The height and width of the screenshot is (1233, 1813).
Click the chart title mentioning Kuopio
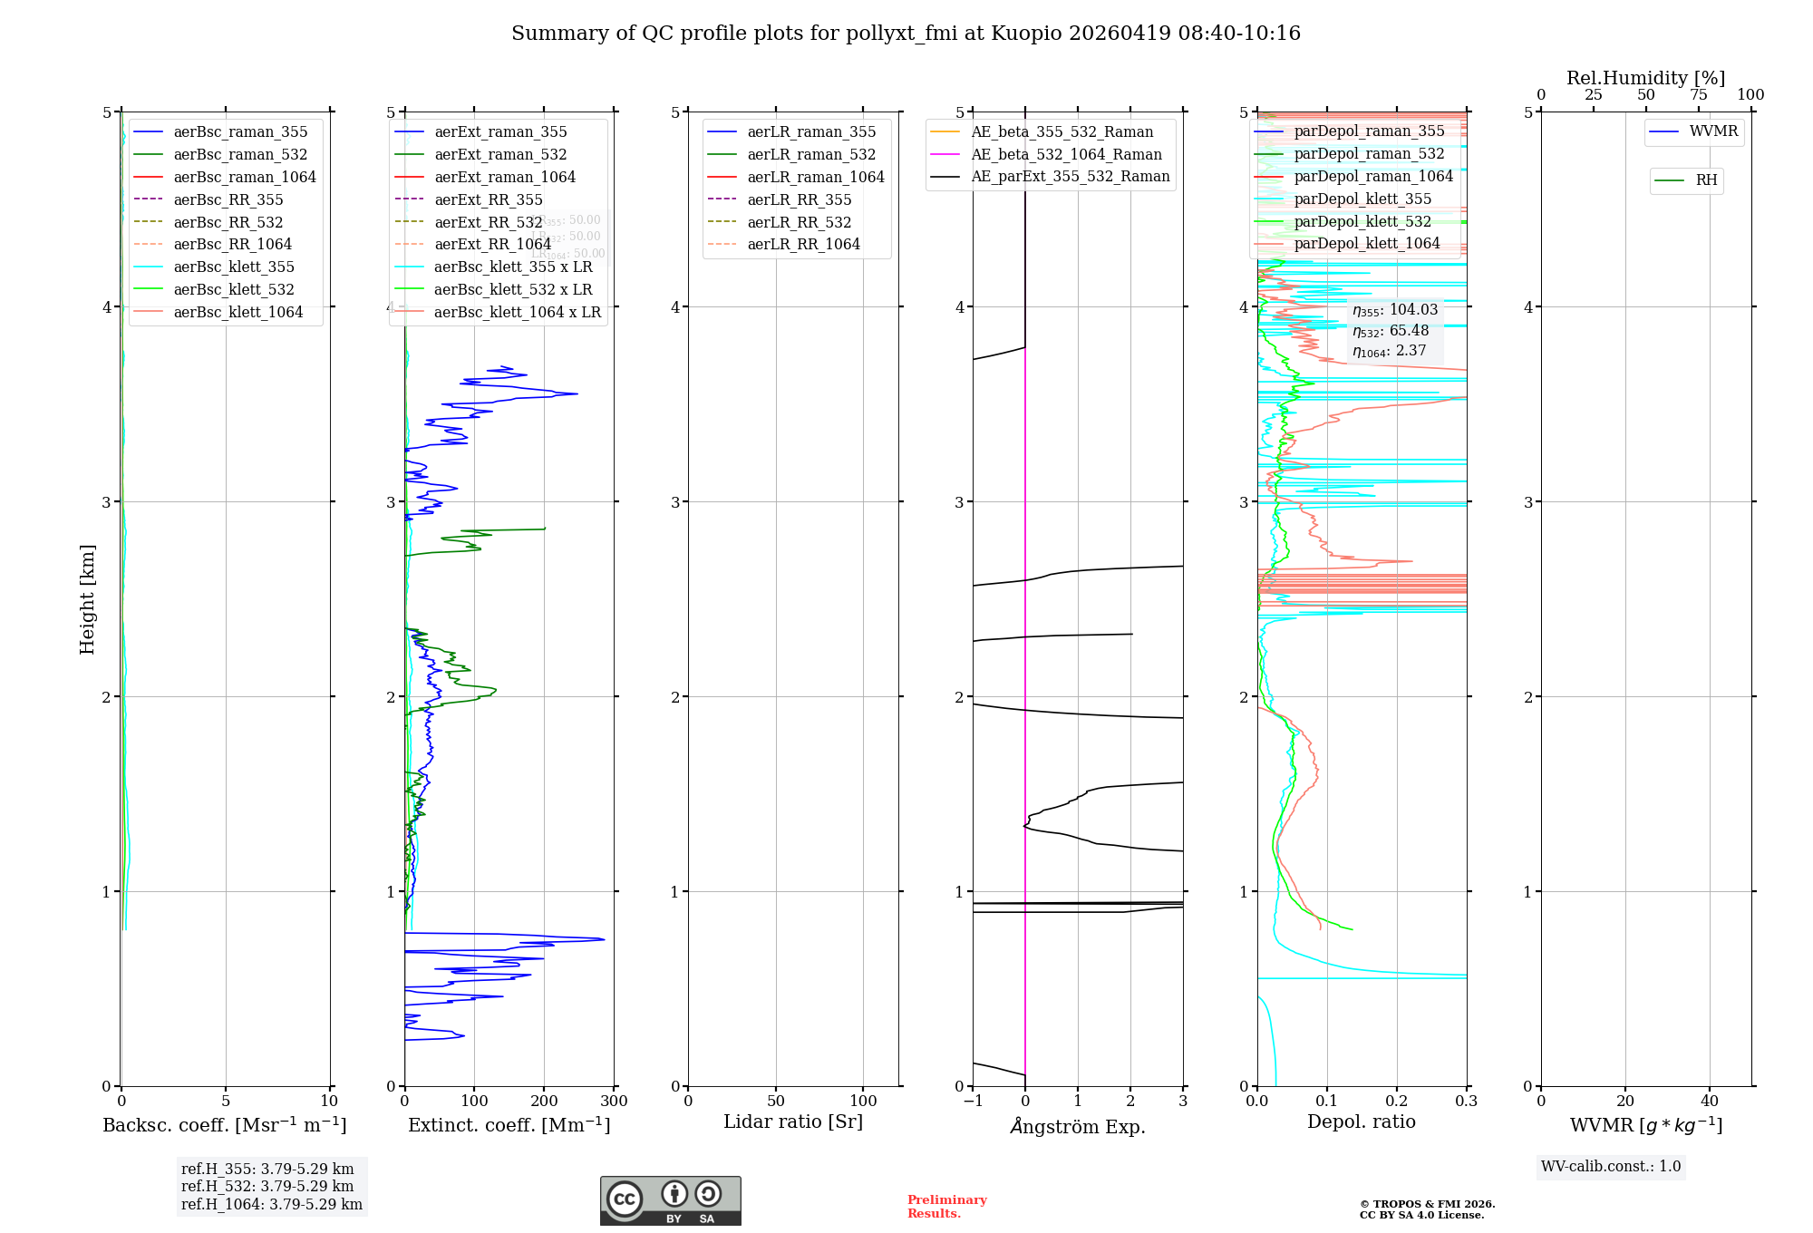[x=906, y=34]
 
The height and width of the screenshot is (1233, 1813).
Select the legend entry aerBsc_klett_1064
[x=238, y=312]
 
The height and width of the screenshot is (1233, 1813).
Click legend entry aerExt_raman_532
[x=500, y=154]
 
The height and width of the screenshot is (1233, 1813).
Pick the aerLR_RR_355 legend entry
[x=799, y=199]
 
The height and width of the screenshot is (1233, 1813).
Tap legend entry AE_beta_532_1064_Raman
[x=1066, y=154]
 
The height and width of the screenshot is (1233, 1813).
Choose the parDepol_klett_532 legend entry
[x=1362, y=221]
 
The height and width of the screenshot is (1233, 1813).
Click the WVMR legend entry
[x=1713, y=131]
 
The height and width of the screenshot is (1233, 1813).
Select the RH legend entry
[x=1706, y=180]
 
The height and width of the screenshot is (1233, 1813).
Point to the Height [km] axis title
[x=87, y=599]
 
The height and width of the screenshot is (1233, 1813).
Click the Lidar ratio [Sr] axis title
[x=793, y=1121]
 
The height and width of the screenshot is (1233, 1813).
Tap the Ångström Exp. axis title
[x=1078, y=1126]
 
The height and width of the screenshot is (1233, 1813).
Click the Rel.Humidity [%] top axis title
[x=1645, y=78]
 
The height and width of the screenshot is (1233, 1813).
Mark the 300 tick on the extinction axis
[x=614, y=1101]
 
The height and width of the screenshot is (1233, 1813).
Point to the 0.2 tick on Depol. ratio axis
[x=1397, y=1101]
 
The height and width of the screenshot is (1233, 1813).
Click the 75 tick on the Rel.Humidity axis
[x=1699, y=94]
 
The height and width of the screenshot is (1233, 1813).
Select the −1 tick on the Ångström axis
[x=973, y=1101]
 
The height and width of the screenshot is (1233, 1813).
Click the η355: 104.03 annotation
[x=1395, y=310]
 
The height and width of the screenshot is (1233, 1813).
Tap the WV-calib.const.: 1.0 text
[x=1611, y=1167]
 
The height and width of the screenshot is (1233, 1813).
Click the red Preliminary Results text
[x=946, y=1207]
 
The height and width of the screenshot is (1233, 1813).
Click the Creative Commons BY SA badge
[x=670, y=1201]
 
